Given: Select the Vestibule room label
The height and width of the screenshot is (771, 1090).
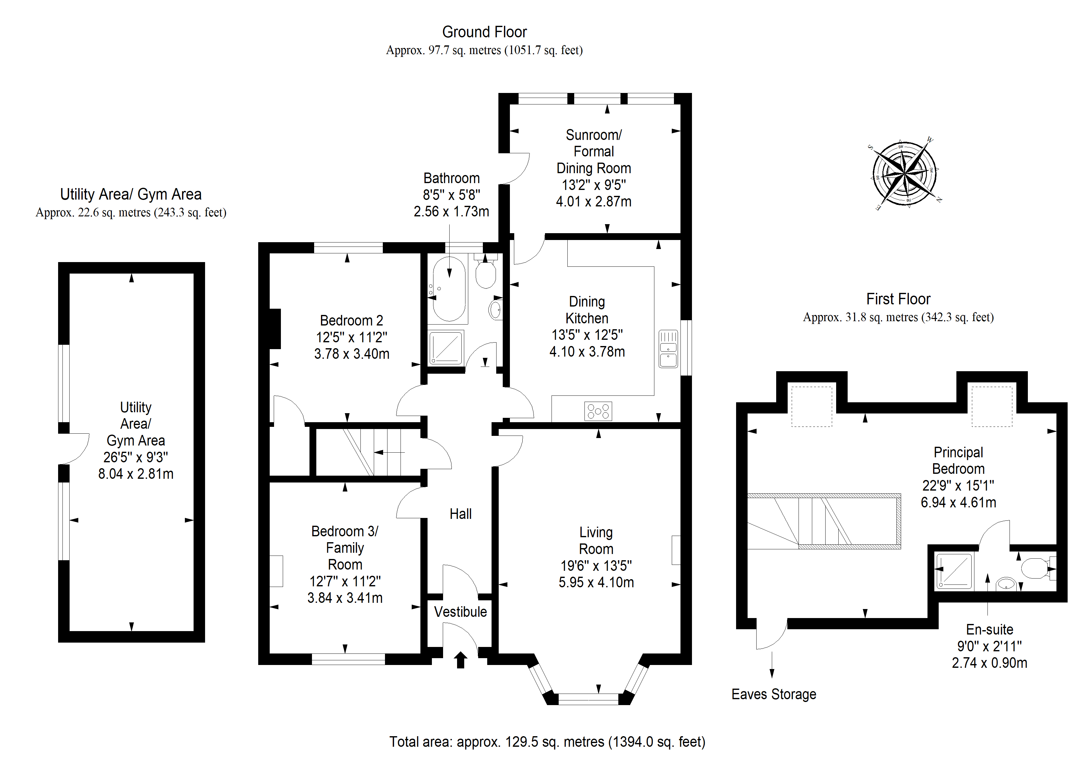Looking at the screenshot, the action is pyautogui.click(x=460, y=612).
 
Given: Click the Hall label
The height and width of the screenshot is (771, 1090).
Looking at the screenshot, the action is pyautogui.click(x=460, y=514).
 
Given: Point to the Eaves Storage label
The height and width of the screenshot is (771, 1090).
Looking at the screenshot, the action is pyautogui.click(x=774, y=695).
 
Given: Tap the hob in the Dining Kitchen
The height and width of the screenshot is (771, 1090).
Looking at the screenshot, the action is pyautogui.click(x=598, y=411).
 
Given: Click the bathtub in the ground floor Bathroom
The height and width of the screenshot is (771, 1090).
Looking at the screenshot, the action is pyautogui.click(x=449, y=289).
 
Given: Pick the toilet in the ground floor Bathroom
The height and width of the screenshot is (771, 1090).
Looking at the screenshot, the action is pyautogui.click(x=486, y=272).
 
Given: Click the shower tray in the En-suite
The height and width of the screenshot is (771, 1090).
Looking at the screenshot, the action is pyautogui.click(x=953, y=571).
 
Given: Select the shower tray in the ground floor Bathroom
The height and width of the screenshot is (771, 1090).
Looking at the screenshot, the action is pyautogui.click(x=446, y=348).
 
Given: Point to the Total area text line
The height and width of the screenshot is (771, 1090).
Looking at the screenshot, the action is pyautogui.click(x=547, y=742).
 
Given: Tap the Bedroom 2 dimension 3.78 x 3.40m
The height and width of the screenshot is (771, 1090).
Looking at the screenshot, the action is pyautogui.click(x=352, y=354).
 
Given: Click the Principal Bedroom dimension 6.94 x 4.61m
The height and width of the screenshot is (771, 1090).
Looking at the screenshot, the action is pyautogui.click(x=959, y=502).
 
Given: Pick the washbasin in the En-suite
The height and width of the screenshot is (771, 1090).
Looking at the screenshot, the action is pyautogui.click(x=1005, y=583).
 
